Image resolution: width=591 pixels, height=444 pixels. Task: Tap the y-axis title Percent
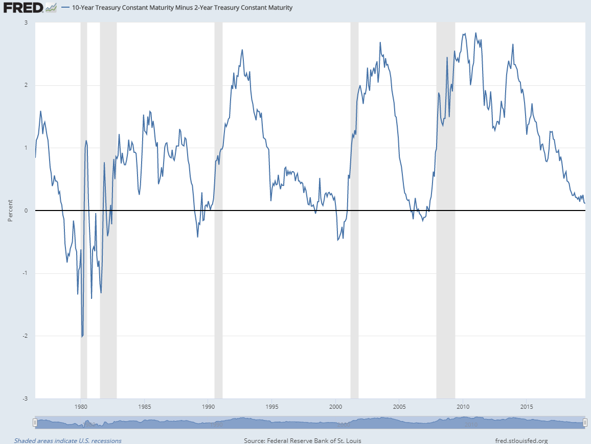tap(10, 211)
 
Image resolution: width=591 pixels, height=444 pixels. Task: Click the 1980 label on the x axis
tap(81, 407)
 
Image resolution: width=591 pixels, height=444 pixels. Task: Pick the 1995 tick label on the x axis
tap(272, 407)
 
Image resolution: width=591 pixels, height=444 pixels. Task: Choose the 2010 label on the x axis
tap(463, 407)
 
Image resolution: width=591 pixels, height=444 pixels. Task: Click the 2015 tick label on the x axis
tap(527, 407)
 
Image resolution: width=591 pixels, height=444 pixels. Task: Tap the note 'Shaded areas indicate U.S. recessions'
tap(67, 440)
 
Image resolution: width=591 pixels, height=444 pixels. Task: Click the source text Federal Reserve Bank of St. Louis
tap(303, 440)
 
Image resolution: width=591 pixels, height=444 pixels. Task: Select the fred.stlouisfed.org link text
tap(521, 440)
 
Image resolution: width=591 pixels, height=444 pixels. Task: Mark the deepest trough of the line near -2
tap(82, 336)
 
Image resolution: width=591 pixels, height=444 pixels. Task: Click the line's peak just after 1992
tap(242, 50)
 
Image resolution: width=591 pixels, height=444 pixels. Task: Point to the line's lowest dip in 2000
tap(338, 240)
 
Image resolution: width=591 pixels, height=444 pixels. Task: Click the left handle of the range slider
tap(35, 423)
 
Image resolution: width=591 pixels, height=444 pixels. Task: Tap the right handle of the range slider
tap(585, 423)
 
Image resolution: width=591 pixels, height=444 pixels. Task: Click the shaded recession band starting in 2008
tap(445, 204)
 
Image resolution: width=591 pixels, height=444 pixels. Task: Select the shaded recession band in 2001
tap(354, 204)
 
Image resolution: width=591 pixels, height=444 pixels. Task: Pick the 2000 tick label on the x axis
tap(336, 407)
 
